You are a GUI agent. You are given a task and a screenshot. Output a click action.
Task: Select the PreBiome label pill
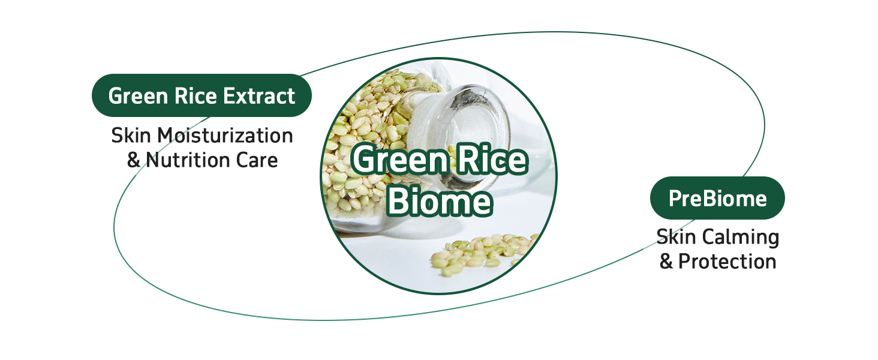pyautogui.click(x=717, y=198)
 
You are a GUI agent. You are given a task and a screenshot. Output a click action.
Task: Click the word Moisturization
pyautogui.click(x=225, y=136)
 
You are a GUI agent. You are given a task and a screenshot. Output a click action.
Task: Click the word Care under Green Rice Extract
pyautogui.click(x=257, y=160)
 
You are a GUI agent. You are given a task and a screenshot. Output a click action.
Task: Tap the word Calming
pyautogui.click(x=741, y=238)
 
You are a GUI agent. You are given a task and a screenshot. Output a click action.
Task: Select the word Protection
pyautogui.click(x=727, y=262)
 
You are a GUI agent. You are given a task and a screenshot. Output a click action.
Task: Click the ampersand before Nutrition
pyautogui.click(x=134, y=160)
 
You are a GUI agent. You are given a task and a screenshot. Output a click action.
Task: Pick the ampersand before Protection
pyautogui.click(x=666, y=262)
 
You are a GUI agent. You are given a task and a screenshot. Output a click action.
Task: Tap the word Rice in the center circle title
pyautogui.click(x=492, y=159)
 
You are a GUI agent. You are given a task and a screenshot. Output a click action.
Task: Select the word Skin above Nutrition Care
pyautogui.click(x=131, y=136)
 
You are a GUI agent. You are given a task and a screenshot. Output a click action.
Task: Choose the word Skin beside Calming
pyautogui.click(x=676, y=237)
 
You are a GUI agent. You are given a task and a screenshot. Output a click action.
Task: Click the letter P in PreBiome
pyautogui.click(x=675, y=199)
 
